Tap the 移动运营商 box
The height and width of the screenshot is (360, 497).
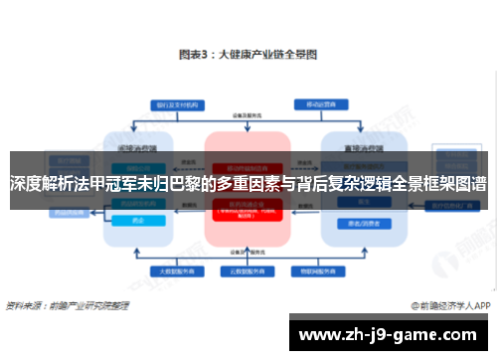click(318, 104)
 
